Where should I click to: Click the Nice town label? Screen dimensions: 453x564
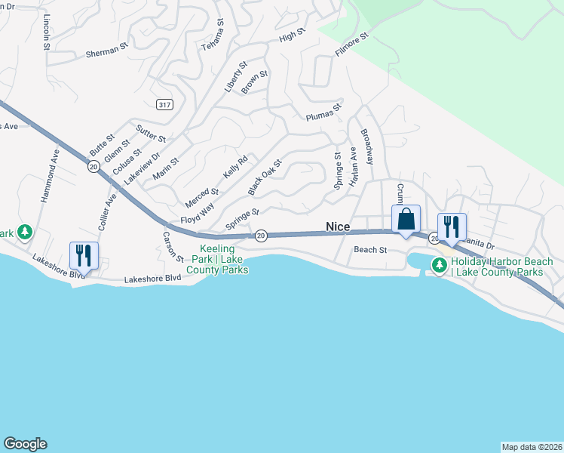[338, 226]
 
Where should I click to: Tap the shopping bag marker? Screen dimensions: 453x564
[405, 220]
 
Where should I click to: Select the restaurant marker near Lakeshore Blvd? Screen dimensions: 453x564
[83, 255]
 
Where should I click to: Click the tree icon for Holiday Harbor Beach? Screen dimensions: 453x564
[439, 264]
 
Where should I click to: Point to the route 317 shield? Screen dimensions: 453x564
[165, 104]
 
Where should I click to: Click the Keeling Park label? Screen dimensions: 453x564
[217, 259]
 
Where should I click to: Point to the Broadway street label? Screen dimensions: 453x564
[367, 146]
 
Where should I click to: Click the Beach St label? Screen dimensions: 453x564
[370, 249]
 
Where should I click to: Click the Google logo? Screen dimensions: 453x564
[25, 444]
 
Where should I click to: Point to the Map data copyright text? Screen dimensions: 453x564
[532, 446]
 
